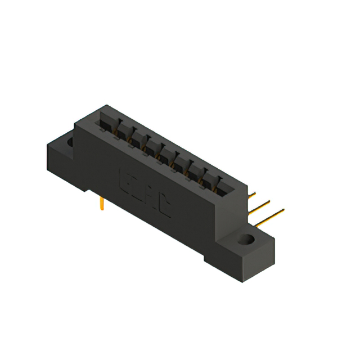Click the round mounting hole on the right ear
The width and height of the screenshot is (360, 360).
(x=246, y=240)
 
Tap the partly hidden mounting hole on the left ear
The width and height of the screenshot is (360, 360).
(x=70, y=143)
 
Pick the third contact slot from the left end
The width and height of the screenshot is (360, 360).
(x=137, y=137)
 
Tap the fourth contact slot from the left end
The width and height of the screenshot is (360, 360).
(x=151, y=145)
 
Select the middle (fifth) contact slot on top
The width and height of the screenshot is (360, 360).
(x=166, y=153)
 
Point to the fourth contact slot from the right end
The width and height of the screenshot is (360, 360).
(x=181, y=161)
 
